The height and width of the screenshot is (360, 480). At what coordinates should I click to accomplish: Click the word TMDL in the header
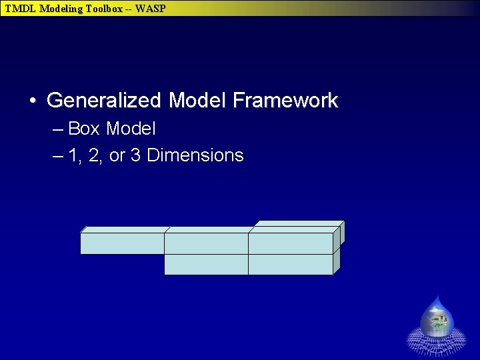coord(21,9)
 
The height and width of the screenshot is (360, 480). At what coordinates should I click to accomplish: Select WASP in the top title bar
coord(151,9)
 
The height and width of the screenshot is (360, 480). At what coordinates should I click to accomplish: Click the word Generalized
coord(104,101)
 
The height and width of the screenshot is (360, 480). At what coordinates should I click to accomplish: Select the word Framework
coord(285,101)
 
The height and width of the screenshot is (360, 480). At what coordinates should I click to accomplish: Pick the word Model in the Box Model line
coord(131,128)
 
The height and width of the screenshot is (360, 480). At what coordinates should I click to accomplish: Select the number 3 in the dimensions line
coord(135,155)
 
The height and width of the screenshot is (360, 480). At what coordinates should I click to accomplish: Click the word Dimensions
coord(195,155)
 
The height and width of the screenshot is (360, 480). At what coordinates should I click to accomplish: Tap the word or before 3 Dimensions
coord(117,156)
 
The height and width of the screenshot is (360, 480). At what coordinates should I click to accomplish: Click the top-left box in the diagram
coord(122,243)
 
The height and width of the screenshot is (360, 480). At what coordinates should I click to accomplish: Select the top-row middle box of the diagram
coord(206,243)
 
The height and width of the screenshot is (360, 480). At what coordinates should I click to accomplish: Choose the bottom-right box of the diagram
coord(290,265)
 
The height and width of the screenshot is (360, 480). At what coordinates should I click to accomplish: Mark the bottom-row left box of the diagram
coord(206,265)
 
